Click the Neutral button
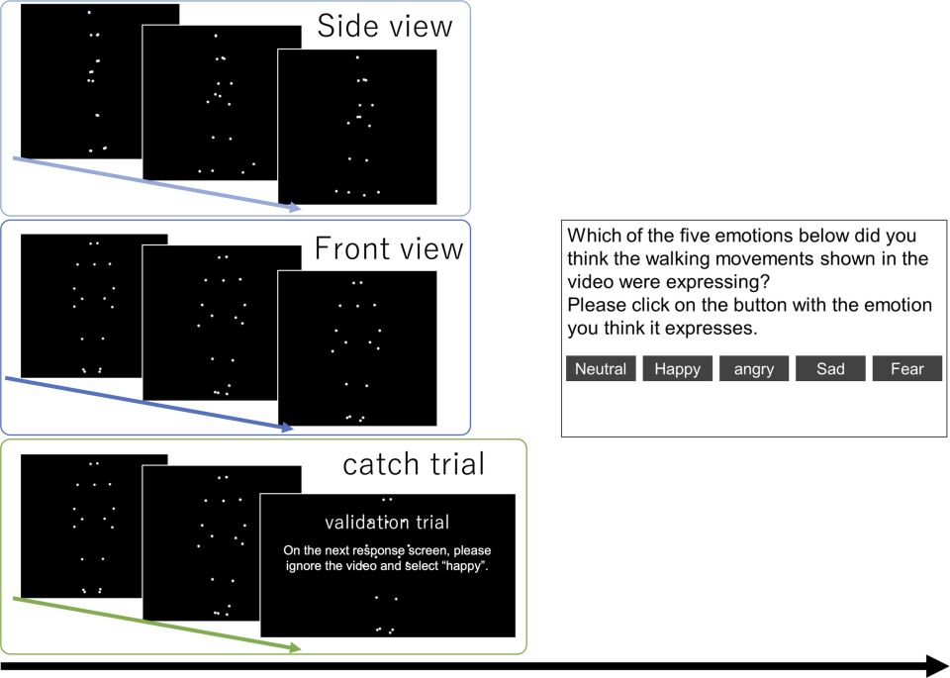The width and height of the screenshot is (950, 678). tap(601, 369)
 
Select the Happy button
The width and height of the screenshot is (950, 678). tap(678, 369)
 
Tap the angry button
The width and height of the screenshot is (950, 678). tap(754, 369)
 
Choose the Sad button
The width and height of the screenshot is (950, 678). tap(830, 369)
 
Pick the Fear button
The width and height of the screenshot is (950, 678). tap(906, 369)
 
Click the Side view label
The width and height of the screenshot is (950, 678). tap(384, 27)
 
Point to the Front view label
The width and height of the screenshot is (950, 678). tap(388, 248)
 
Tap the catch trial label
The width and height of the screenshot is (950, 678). tap(414, 464)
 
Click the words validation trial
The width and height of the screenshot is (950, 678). tap(387, 522)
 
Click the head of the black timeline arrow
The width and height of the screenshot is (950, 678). tap(936, 665)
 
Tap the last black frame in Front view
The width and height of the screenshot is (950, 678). tap(356, 346)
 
